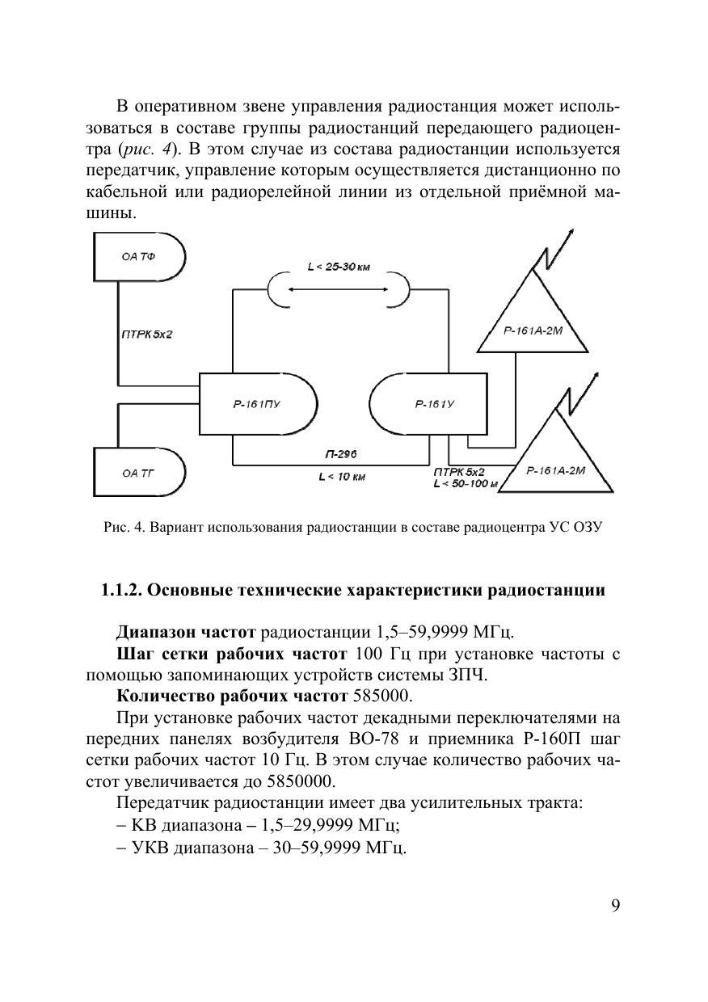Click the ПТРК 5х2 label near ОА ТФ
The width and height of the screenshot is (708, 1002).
tap(146, 334)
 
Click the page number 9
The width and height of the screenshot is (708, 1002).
tap(615, 905)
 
